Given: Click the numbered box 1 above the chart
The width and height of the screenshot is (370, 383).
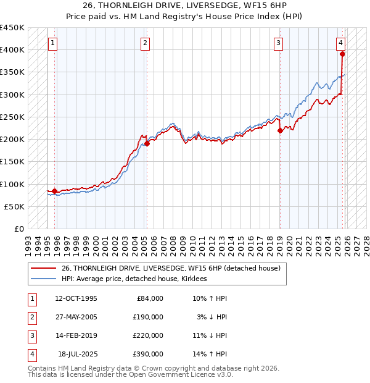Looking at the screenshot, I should (x=53, y=43).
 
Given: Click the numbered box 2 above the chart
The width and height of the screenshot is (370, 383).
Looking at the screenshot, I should (x=145, y=43).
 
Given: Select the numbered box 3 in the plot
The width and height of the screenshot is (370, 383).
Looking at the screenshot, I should (x=279, y=43).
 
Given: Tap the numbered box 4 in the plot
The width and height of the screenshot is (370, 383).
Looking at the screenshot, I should (x=340, y=43).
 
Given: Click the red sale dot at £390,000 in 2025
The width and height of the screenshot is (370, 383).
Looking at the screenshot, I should (x=342, y=54).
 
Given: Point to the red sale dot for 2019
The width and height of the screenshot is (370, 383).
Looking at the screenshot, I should (x=280, y=130).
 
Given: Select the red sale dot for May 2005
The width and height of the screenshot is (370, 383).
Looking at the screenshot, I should (x=147, y=144).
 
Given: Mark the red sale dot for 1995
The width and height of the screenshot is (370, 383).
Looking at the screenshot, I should (x=55, y=191).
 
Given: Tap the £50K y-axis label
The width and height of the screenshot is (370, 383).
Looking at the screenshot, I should (x=15, y=206).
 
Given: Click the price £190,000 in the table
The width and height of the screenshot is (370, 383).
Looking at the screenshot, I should (x=148, y=317).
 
